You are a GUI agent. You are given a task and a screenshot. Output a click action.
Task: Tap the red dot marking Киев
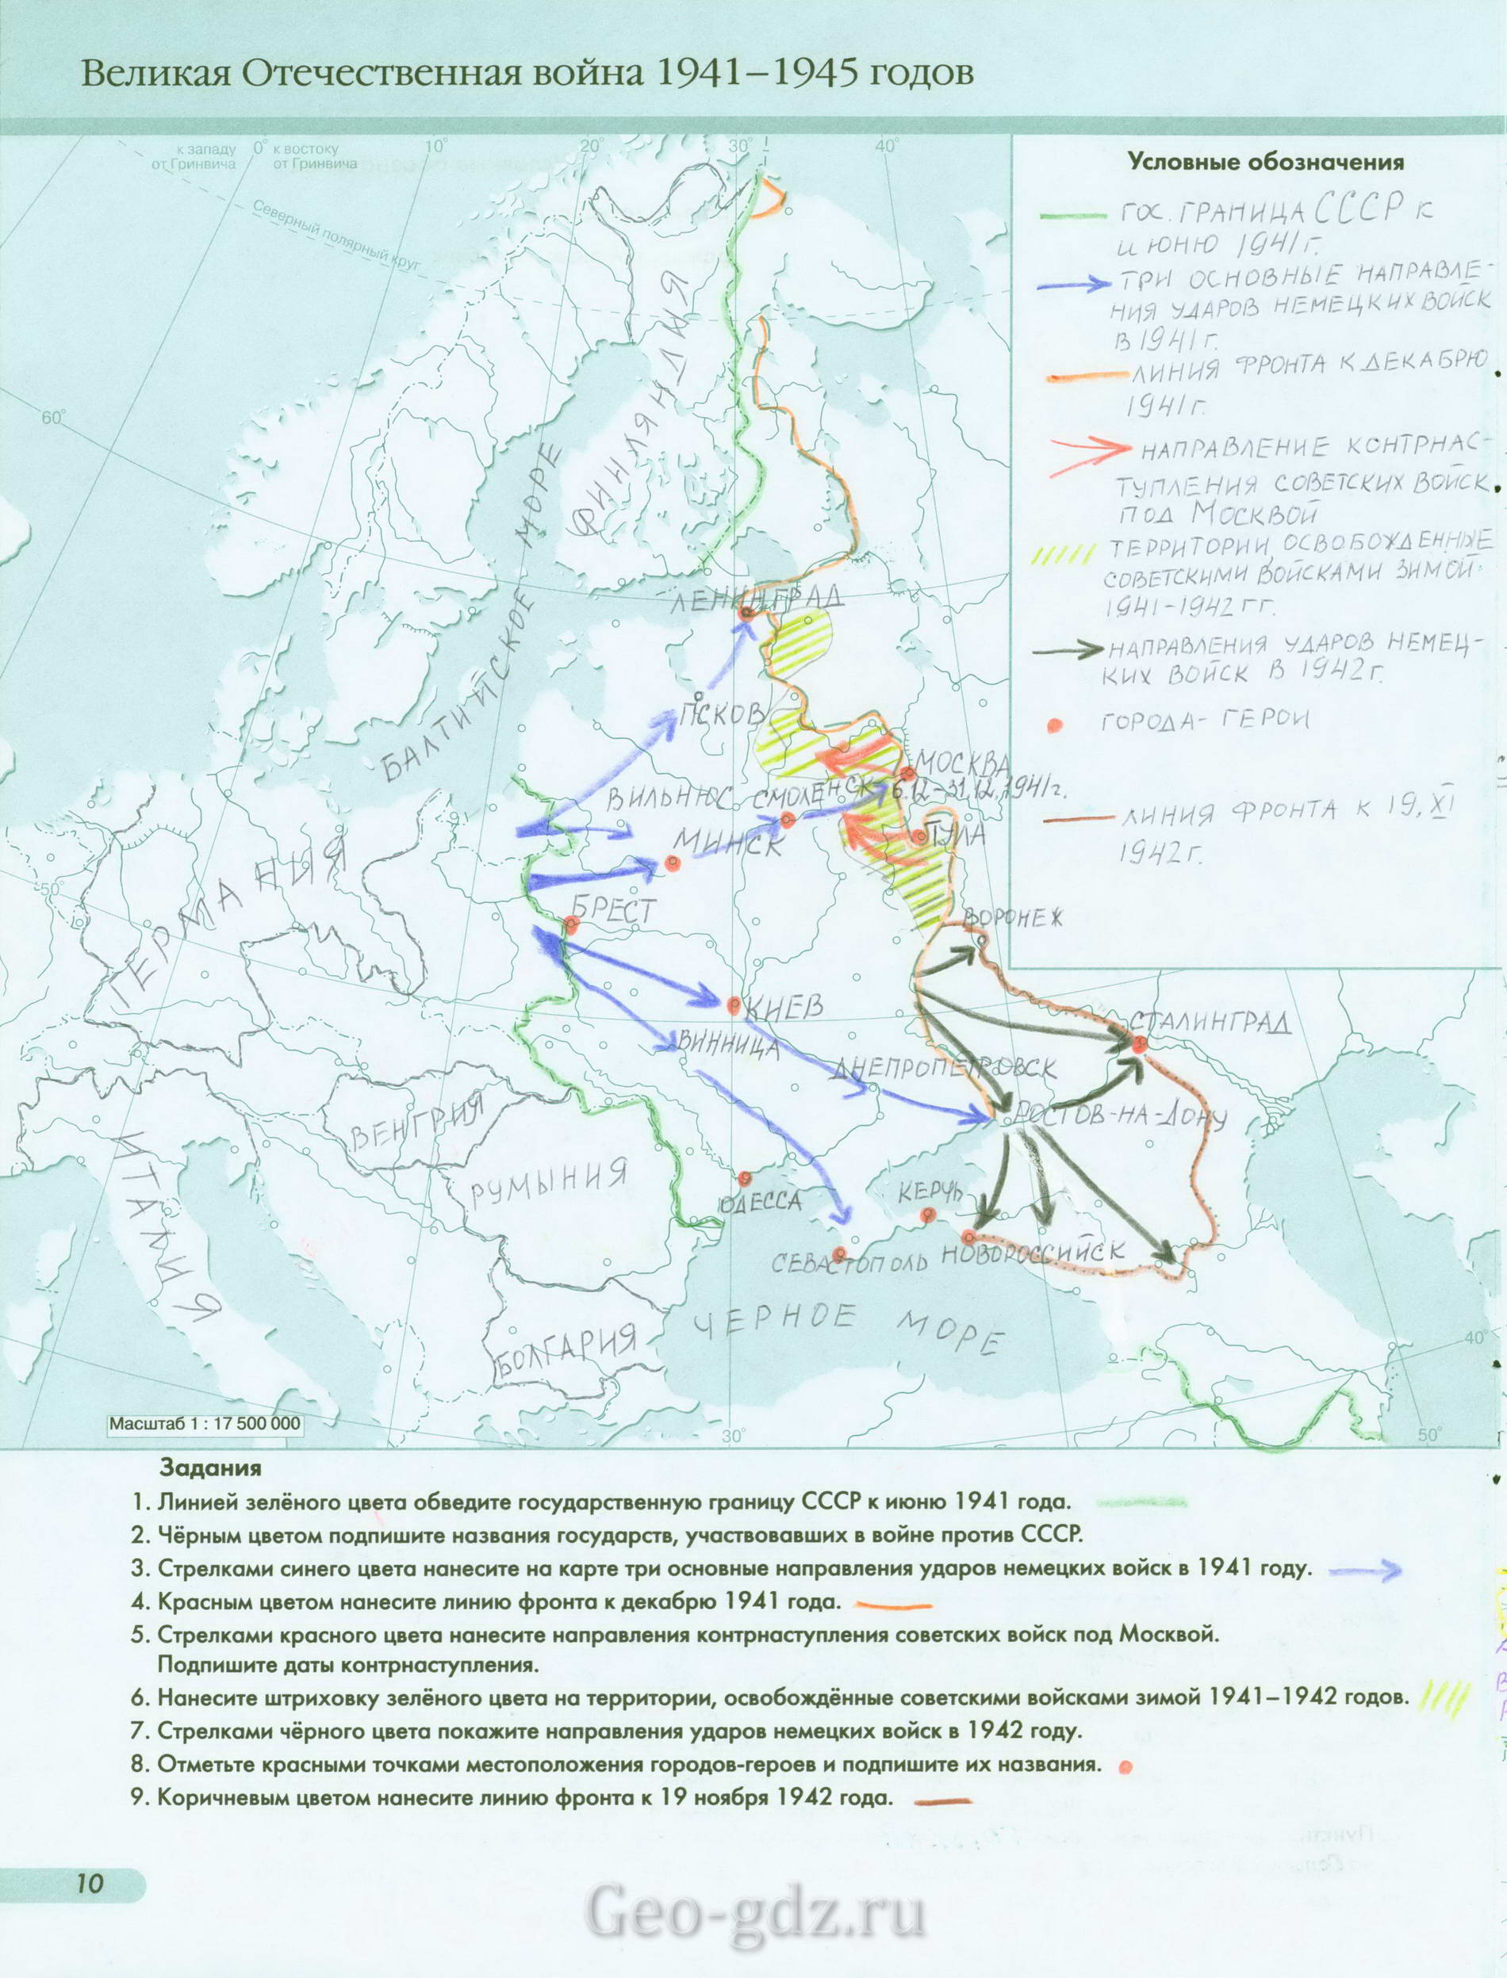pos(734,1004)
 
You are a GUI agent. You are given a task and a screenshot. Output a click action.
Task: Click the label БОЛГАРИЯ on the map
pos(566,1349)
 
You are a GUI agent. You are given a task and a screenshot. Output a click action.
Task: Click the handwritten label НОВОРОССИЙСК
pos(1032,1253)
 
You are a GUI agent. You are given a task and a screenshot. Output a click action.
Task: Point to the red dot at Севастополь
pos(838,1253)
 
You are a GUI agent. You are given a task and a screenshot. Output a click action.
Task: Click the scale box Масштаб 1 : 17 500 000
pos(205,1424)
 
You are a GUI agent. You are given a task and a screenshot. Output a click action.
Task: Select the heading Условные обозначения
pos(1265,163)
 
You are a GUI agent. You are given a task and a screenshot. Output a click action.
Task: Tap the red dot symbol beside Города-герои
pos(1055,725)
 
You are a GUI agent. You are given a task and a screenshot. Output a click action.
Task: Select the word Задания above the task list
pos(210,1467)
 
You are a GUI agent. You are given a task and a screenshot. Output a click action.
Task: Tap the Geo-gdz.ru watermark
pos(754,1931)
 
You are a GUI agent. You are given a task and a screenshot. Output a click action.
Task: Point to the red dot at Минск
pos(673,863)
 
